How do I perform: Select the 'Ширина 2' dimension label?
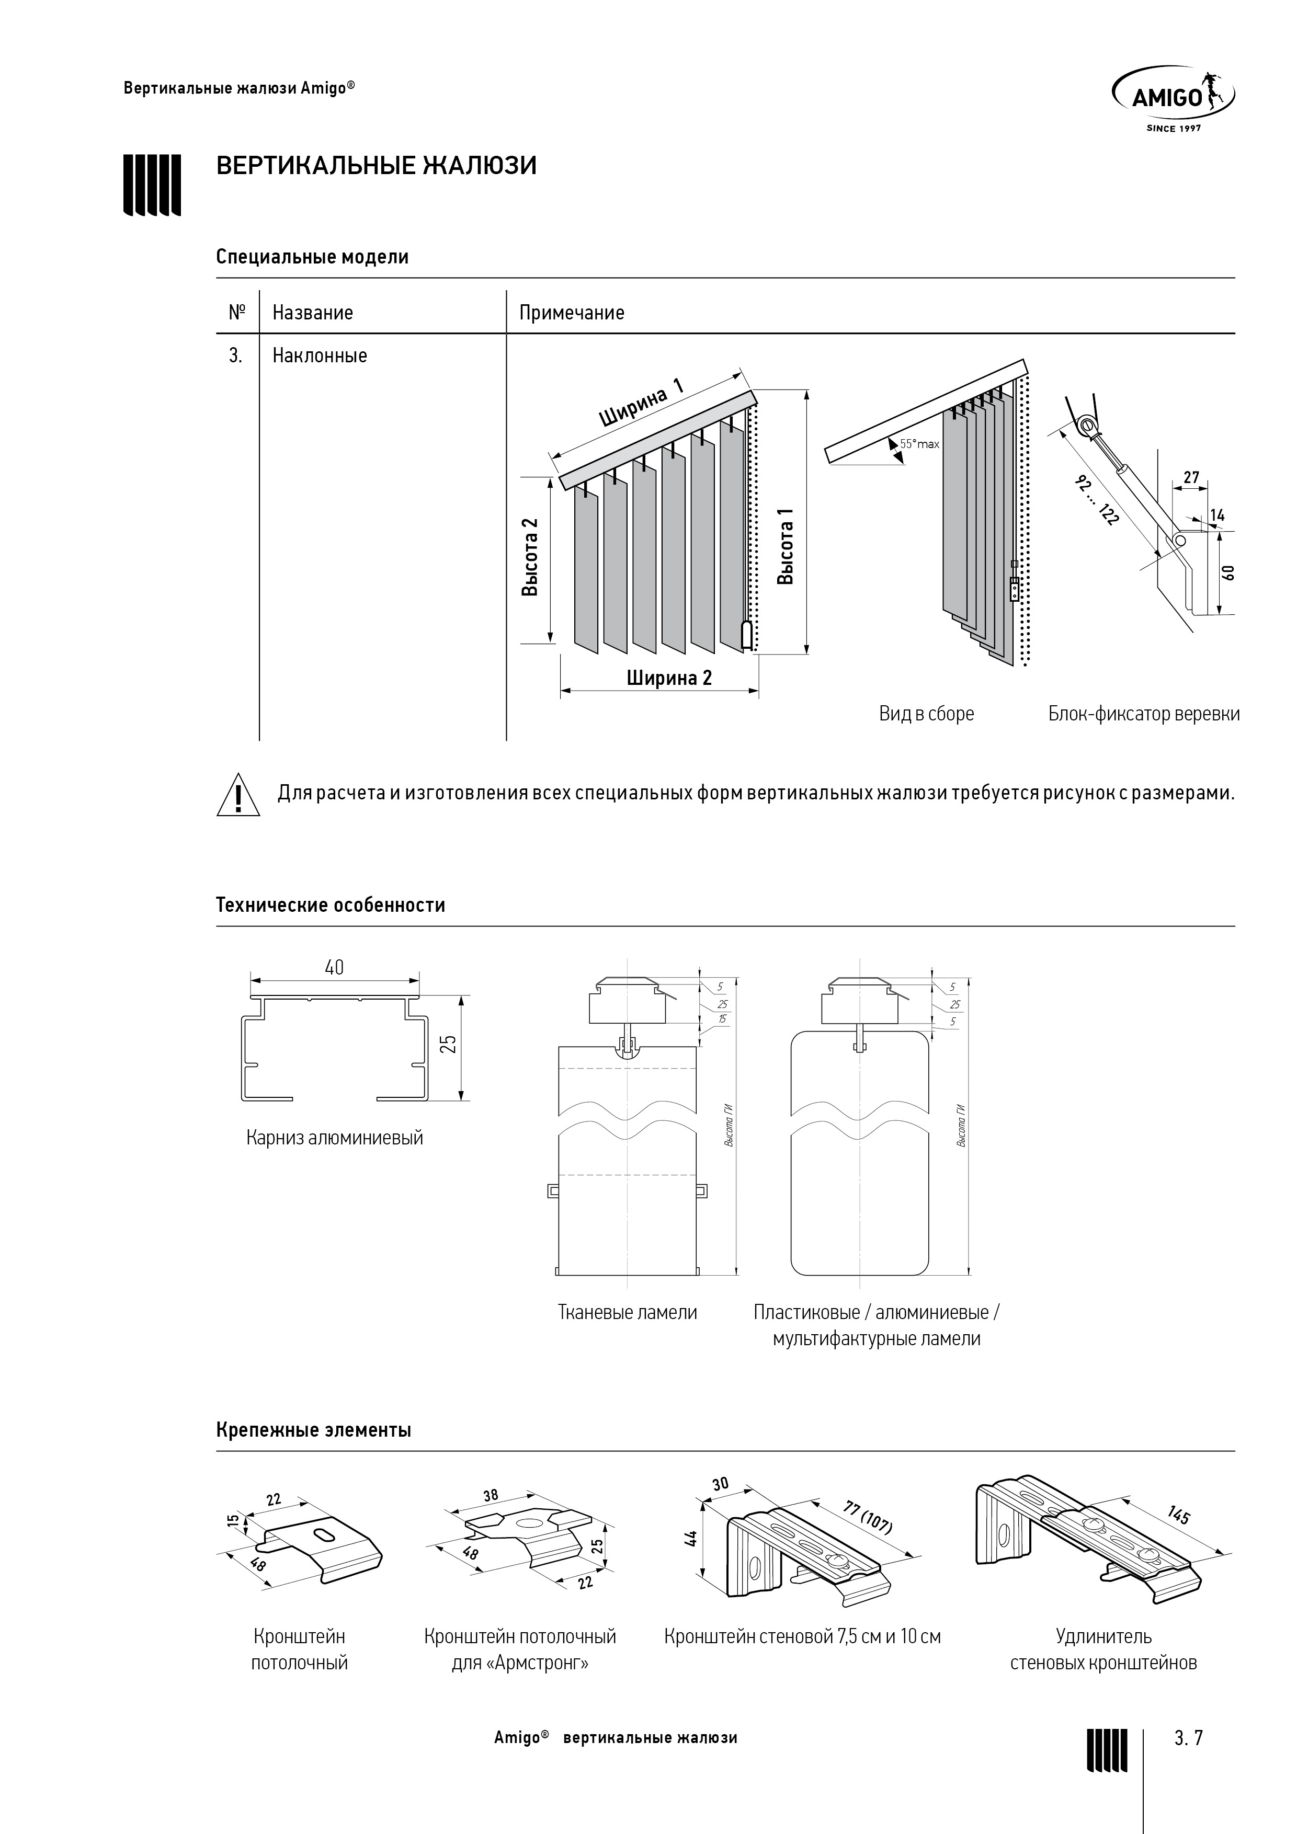point(669,678)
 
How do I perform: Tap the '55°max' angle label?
point(919,443)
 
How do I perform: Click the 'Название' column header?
point(312,312)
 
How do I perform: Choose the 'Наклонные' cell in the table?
point(320,356)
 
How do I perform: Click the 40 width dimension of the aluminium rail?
point(334,967)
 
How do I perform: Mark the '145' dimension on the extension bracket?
point(1179,1515)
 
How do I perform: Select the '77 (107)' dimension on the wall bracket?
point(868,1516)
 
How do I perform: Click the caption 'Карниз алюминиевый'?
point(334,1138)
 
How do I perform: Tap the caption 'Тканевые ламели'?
point(628,1312)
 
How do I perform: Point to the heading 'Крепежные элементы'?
point(313,1430)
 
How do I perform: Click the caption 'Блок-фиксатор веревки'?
point(1144,713)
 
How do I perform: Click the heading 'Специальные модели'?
point(312,257)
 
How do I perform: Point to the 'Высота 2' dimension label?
point(530,557)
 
